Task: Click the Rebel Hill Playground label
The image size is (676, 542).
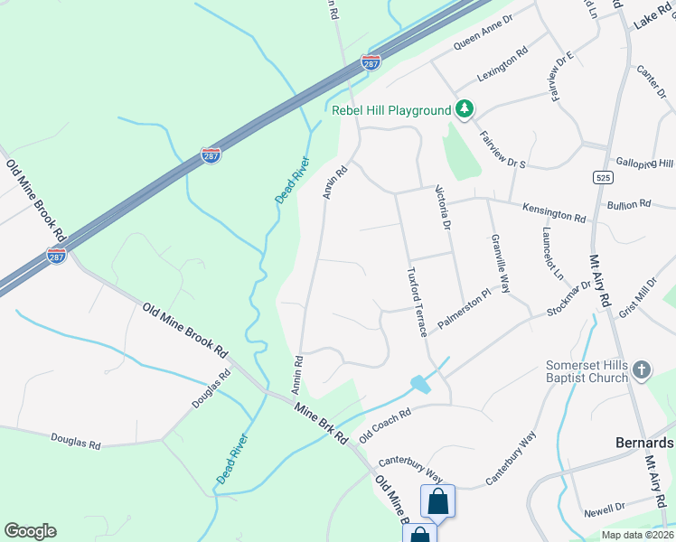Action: (390, 110)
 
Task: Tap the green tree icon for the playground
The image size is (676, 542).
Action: (465, 109)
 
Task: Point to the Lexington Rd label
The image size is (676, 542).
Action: (503, 65)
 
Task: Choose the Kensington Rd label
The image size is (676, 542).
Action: (554, 213)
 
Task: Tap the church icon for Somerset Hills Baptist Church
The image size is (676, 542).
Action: (641, 369)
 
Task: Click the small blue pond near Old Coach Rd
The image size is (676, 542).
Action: (420, 384)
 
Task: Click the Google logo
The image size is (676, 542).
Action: (30, 531)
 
